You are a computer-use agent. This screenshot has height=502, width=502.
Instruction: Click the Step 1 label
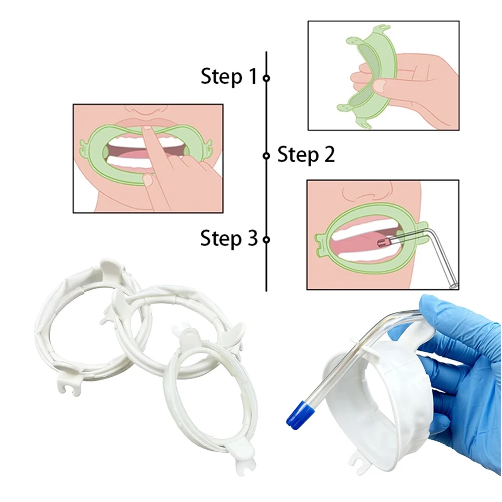228,76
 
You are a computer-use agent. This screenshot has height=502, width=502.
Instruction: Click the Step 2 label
306,155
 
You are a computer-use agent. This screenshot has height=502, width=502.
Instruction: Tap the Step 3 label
228,238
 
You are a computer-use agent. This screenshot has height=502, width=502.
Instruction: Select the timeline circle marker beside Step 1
267,78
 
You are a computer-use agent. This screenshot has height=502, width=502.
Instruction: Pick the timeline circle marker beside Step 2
267,156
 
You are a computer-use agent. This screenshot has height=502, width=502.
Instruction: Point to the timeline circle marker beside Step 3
267,239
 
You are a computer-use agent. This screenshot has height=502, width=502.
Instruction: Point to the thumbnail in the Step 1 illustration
380,86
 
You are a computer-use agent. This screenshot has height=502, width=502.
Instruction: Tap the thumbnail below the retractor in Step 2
148,180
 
